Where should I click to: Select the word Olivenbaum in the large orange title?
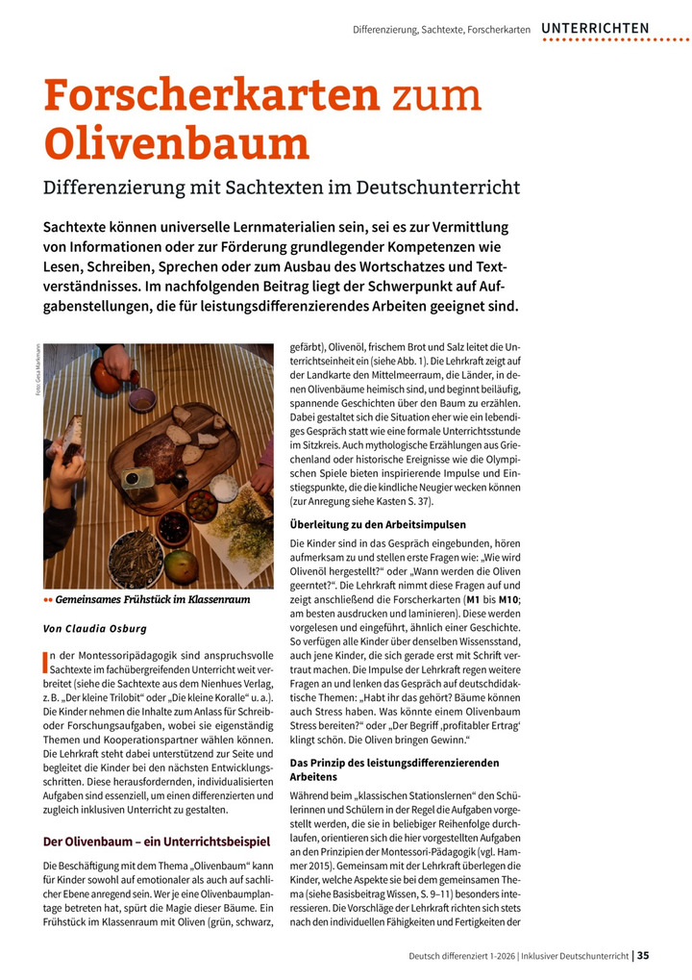coord(177,143)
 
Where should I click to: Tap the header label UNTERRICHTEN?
coord(595,28)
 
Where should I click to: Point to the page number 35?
coord(643,955)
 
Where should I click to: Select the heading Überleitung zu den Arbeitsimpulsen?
coord(378,525)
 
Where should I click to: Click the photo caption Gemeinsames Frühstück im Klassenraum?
coord(153,600)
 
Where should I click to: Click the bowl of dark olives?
coord(174,526)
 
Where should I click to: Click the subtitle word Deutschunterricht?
coord(438,186)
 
